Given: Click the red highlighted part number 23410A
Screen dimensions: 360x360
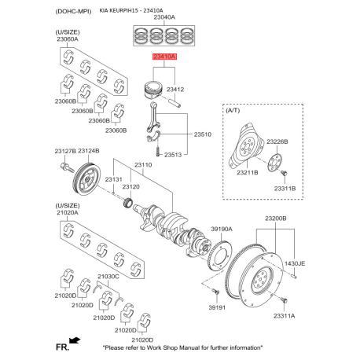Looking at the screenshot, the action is point(165,57).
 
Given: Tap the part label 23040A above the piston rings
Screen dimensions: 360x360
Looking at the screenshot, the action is point(164,17).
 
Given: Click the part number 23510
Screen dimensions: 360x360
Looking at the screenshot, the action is point(202,134).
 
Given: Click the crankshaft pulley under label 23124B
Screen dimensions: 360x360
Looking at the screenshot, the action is point(86,179).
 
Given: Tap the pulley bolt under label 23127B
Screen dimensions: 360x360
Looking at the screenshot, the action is point(67,167).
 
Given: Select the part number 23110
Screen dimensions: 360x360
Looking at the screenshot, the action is point(143,165).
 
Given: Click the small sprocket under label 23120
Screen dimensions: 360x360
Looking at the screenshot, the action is point(128,203).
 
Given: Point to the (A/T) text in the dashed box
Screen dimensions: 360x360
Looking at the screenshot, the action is point(233,110).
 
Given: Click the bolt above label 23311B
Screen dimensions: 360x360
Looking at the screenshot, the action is point(284,173).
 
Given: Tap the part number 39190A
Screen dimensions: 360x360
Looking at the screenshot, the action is point(222,230).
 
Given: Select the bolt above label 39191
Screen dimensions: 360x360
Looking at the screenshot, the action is point(215,291).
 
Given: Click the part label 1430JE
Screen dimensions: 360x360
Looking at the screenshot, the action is point(295,263).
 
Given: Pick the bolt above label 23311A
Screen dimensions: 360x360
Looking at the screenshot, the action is point(284,299).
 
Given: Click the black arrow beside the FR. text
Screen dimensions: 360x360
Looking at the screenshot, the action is point(75,340).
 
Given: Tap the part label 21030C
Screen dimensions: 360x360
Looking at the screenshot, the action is point(108,277).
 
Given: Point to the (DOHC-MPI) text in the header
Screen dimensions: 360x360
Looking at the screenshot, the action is point(73,12).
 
